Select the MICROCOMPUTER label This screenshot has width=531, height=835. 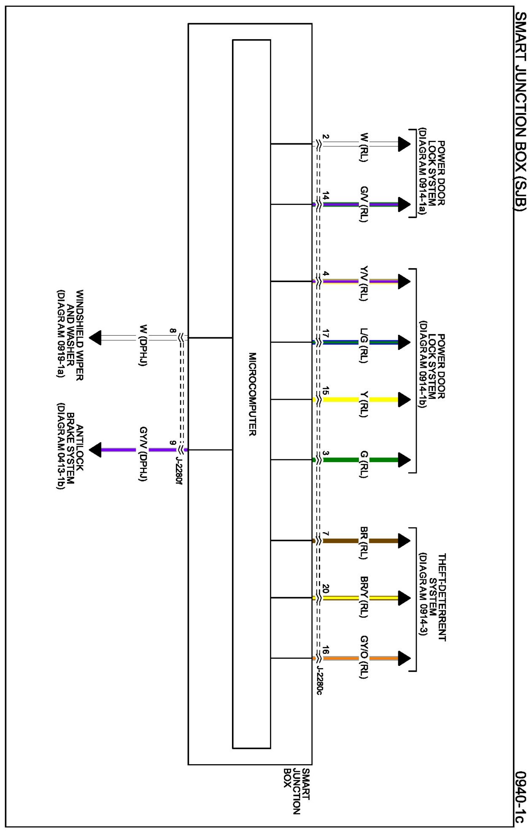tap(252, 394)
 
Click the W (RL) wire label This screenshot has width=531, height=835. tap(364, 147)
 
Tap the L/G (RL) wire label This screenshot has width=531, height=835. tap(364, 345)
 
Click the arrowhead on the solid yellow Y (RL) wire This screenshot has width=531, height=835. tap(404, 399)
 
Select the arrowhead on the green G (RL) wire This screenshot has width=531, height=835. tap(404, 460)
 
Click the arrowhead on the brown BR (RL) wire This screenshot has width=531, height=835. tap(404, 540)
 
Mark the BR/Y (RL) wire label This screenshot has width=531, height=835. tap(364, 596)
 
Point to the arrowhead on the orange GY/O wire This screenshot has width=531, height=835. tap(404, 658)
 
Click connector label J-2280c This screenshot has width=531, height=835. tap(319, 680)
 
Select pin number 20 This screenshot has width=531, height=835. tap(325, 588)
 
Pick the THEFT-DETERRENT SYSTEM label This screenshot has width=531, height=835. tap(432, 597)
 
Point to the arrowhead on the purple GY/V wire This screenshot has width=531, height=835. tap(96, 450)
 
